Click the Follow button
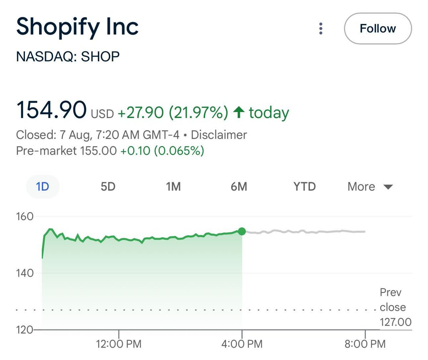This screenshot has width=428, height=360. (378, 29)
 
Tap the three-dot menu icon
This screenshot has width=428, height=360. (321, 29)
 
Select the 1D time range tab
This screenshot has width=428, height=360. (42, 186)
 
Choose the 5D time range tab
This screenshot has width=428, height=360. (108, 186)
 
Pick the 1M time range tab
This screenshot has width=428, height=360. (173, 186)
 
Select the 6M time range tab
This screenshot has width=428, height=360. (239, 186)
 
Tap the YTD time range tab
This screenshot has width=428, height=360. (304, 186)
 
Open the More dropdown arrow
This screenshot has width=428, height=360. (388, 187)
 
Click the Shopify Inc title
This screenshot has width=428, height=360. (77, 27)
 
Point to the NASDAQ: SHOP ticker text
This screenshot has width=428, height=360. (68, 57)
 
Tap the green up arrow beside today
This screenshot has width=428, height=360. (239, 112)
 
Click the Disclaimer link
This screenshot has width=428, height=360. (219, 135)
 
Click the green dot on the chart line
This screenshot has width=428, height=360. (242, 231)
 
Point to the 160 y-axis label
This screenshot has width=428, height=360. (25, 216)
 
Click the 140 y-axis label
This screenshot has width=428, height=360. (25, 273)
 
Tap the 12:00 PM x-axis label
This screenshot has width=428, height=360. (119, 344)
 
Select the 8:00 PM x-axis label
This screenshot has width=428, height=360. (365, 344)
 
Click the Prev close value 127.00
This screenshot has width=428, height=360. (396, 322)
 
